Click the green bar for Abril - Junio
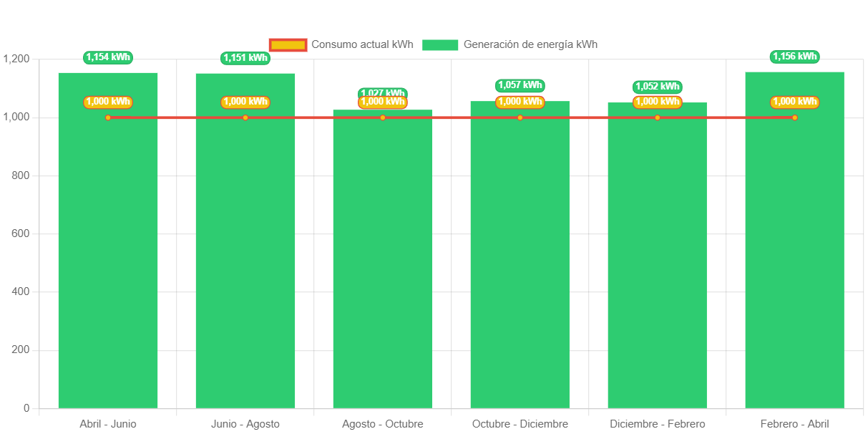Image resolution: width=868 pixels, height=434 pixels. click(x=108, y=258)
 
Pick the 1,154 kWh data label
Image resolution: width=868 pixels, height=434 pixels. click(x=108, y=57)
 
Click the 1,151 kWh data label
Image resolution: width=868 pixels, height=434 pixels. click(x=245, y=58)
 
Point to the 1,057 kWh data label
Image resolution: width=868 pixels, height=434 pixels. click(x=520, y=85)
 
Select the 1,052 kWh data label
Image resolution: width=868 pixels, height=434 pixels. click(x=658, y=87)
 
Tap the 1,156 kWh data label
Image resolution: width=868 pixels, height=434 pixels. click(x=795, y=57)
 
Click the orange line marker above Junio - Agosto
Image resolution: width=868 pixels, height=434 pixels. click(x=245, y=117)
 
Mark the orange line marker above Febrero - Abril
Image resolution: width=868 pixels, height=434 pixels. click(x=795, y=117)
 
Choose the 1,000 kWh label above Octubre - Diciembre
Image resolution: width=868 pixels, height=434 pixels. click(x=520, y=102)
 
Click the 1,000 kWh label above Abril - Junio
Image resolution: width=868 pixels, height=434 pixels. click(x=108, y=102)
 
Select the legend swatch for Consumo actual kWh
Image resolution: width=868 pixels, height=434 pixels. click(x=288, y=44)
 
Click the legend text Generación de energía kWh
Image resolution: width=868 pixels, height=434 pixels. click(x=530, y=44)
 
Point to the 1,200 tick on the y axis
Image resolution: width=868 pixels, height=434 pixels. click(x=16, y=59)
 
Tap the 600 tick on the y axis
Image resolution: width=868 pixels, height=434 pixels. click(x=21, y=233)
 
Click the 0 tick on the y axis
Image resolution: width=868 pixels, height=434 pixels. click(x=26, y=408)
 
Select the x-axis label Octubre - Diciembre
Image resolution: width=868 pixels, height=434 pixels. click(x=520, y=424)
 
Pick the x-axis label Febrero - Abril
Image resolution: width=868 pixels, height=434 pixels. click(x=794, y=424)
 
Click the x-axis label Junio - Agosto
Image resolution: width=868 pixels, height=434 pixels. click(x=245, y=424)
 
